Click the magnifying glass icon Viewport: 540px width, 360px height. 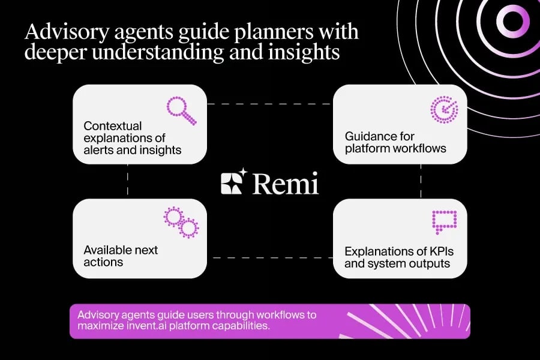(181, 110)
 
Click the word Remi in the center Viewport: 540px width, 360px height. (285, 183)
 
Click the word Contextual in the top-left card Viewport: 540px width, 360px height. (113, 126)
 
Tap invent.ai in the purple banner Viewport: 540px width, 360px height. (193, 326)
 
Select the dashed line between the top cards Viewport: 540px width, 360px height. (269, 104)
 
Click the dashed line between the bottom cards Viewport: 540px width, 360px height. (269, 258)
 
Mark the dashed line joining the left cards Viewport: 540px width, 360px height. (128, 181)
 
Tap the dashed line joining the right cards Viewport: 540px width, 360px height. (421, 181)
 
